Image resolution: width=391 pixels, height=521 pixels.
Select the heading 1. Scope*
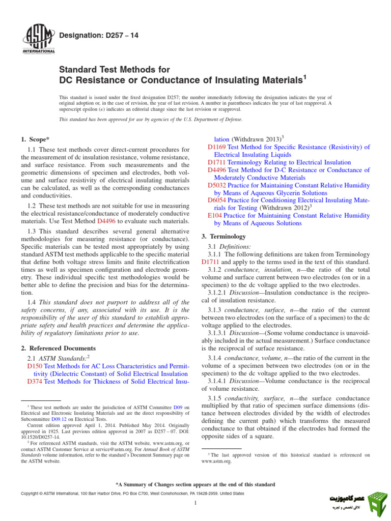[x=36, y=139]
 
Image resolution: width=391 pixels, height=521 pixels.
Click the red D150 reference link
[x=35, y=366]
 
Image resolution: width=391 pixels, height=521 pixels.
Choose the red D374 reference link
[x=35, y=381]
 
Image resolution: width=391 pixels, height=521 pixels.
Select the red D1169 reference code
[x=217, y=147]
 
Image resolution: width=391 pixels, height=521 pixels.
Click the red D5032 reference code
[x=217, y=186]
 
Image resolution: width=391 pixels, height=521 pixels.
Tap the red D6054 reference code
[x=217, y=200]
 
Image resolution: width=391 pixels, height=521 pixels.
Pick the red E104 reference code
[x=215, y=216]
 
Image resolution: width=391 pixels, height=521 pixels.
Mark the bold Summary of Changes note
[x=195, y=484]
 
